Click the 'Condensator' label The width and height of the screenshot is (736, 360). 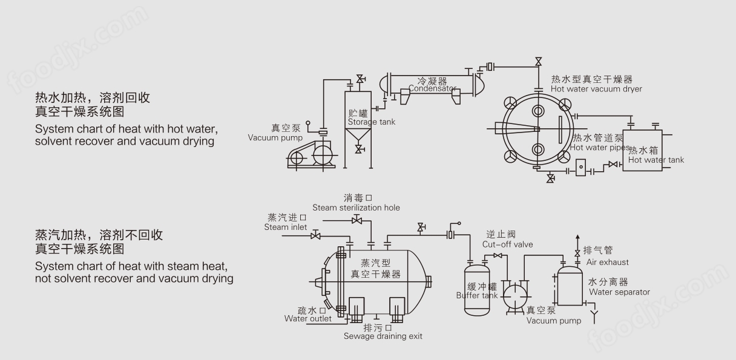click(432, 88)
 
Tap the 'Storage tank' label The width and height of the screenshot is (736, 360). click(371, 122)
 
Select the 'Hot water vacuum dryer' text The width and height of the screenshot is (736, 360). click(596, 89)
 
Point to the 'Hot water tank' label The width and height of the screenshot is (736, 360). click(656, 160)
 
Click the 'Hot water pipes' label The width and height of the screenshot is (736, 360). click(600, 147)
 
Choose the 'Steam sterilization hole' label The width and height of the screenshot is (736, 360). click(356, 208)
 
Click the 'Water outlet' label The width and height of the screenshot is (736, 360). click(308, 318)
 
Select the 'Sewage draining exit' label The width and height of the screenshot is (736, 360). click(383, 336)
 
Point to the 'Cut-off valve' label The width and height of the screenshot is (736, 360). click(507, 244)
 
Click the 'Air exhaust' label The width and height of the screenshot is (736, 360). click(607, 262)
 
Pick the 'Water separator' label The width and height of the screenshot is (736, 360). click(619, 292)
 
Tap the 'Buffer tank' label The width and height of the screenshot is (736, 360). click(477, 295)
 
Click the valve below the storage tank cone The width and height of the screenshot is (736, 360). click(360, 149)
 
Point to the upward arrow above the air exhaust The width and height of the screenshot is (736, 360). click(577, 238)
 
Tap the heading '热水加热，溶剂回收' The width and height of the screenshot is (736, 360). click(93, 97)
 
